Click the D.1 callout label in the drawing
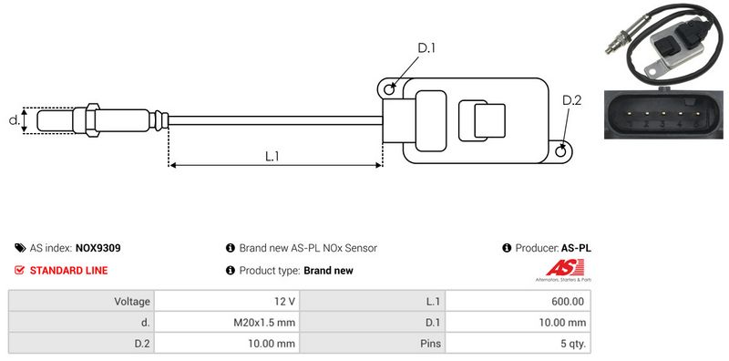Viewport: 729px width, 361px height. pyautogui.click(x=426, y=47)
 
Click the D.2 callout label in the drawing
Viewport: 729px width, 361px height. pyautogui.click(x=572, y=100)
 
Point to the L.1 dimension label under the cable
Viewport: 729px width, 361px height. pyautogui.click(x=272, y=157)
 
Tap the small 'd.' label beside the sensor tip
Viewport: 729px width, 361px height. pyautogui.click(x=14, y=120)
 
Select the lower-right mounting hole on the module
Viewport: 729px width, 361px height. pyautogui.click(x=561, y=150)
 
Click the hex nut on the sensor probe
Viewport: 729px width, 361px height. pyautogui.click(x=92, y=120)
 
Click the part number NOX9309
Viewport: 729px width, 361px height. pyautogui.click(x=98, y=248)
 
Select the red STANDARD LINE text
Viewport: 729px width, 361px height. pyautogui.click(x=69, y=270)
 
